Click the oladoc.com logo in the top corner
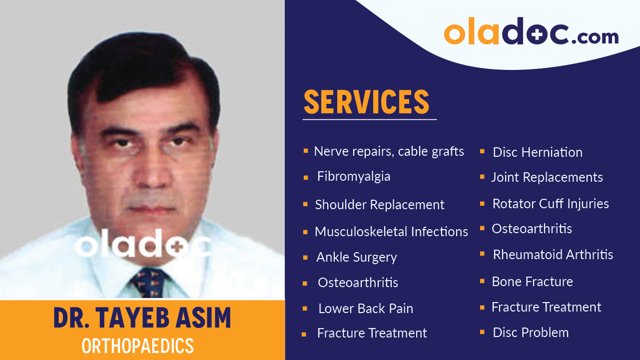coord(531,33)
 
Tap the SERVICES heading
coord(366,102)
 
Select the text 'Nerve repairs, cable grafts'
coord(389,151)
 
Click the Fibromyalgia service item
coord(353,177)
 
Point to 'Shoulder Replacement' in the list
coord(379,205)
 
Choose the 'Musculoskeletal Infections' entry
coord(391,232)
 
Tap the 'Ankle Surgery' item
coord(356,257)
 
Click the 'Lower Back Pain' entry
coord(365,309)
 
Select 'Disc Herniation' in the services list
coord(537,152)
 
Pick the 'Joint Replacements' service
coord(547,177)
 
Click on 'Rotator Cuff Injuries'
coord(550,204)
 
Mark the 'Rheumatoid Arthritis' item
coord(553,255)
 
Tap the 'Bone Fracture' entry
coord(532,282)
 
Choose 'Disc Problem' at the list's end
coord(530,333)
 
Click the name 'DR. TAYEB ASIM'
coord(142,318)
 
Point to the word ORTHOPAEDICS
coord(137,346)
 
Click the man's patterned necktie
coord(149,282)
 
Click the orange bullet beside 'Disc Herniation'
coord(482,151)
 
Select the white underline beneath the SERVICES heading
coord(369,119)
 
